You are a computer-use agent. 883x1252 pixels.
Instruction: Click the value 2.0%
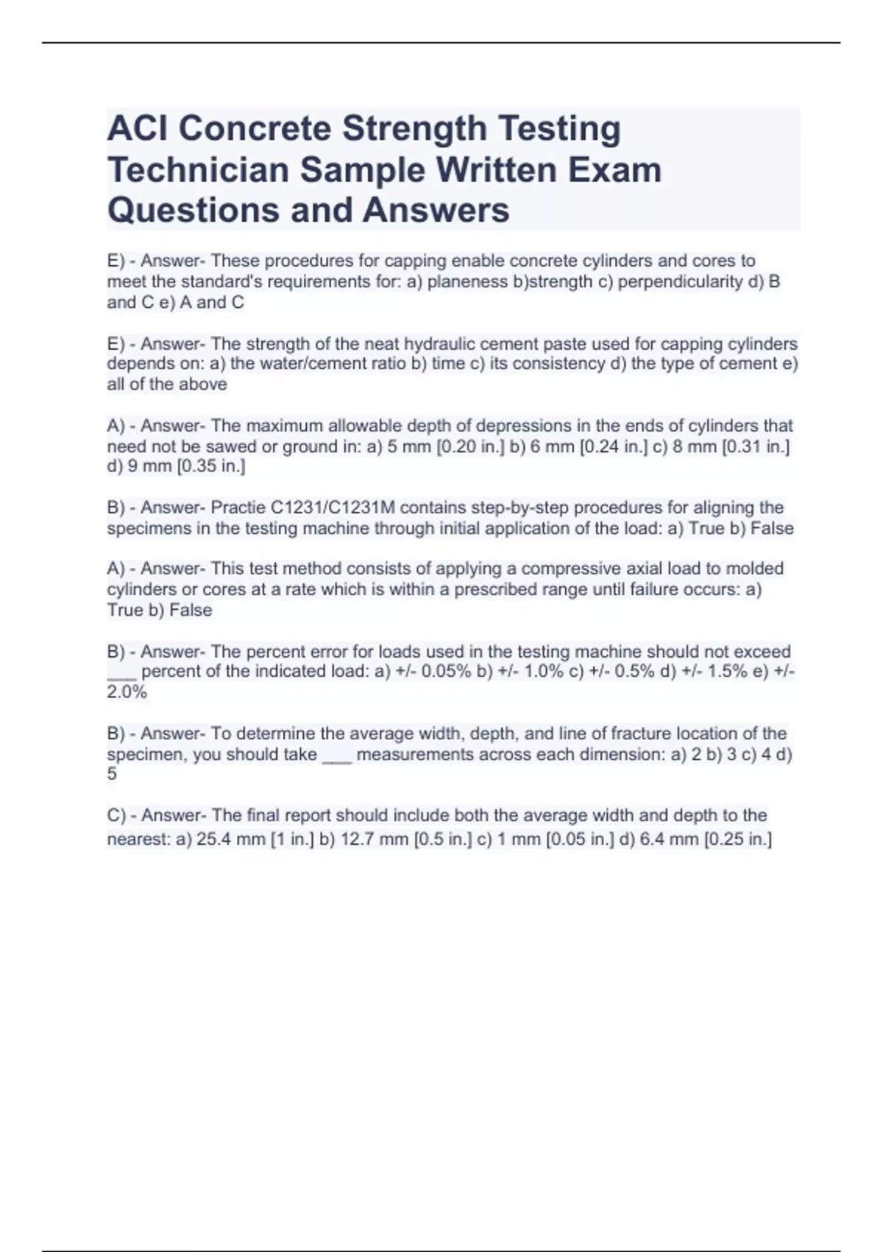point(127,692)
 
